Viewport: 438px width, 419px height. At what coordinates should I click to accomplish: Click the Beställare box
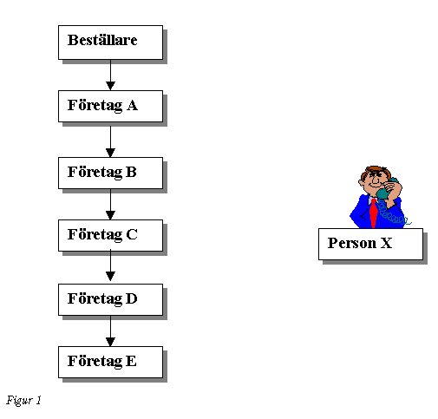click(x=110, y=43)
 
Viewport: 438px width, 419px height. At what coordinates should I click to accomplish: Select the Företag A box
click(x=110, y=106)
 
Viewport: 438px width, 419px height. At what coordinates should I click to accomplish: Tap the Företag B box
click(x=110, y=173)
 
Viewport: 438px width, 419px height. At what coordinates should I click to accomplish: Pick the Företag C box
click(x=110, y=235)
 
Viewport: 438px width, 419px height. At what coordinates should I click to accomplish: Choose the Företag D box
click(x=110, y=299)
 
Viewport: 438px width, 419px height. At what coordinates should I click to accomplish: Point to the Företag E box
click(x=110, y=362)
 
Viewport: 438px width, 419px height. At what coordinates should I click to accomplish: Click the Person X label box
click(x=370, y=244)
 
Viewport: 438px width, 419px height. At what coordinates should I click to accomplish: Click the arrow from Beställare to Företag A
click(x=110, y=75)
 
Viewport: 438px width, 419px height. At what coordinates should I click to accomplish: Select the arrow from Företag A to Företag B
click(x=110, y=140)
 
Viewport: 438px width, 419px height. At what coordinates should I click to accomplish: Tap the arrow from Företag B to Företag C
click(x=110, y=205)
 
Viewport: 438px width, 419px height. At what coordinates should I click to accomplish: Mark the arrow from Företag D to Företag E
click(x=110, y=331)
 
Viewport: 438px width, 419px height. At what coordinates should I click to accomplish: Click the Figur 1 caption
click(x=23, y=401)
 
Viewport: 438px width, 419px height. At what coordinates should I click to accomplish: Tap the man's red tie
click(x=374, y=213)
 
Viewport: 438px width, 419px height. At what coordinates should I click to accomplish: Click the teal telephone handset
click(x=387, y=188)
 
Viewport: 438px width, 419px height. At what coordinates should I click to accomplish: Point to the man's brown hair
click(x=375, y=170)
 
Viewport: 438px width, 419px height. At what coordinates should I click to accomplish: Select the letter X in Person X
click(x=386, y=243)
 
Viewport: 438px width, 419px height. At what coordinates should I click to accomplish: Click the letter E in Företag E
click(x=131, y=361)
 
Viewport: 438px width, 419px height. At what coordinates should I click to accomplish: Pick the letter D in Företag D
click(x=132, y=298)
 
